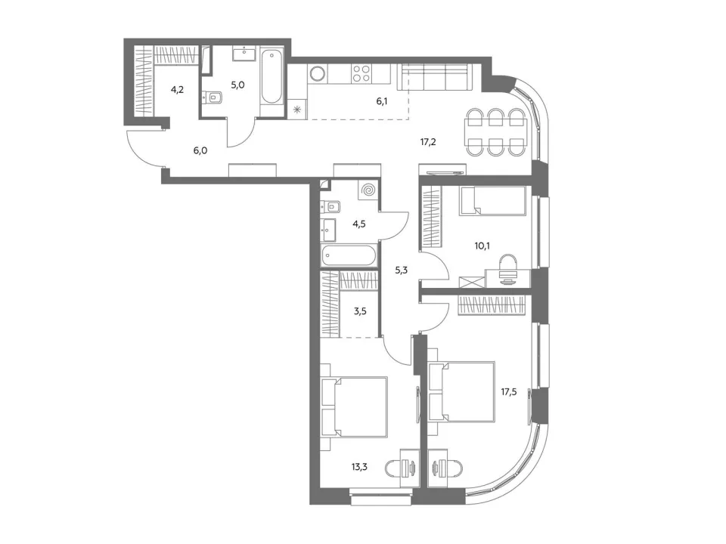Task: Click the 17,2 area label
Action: coord(428,142)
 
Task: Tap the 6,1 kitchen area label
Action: coord(382,101)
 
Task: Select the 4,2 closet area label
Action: coord(177,90)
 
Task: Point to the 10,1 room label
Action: coord(482,246)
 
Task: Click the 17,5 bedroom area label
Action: coord(509,392)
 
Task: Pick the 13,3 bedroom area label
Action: coord(359,467)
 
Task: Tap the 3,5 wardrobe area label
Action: coord(360,311)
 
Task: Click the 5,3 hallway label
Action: coord(402,270)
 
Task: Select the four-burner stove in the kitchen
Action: coord(361,73)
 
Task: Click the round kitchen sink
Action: coord(318,73)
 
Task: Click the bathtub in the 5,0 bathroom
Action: coord(271,77)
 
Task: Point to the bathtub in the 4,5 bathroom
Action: coord(349,256)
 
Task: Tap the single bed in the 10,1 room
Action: coord(492,201)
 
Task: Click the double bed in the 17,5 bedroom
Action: coord(461,392)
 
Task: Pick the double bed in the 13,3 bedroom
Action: coord(354,407)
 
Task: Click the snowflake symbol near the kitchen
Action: coord(296,110)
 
